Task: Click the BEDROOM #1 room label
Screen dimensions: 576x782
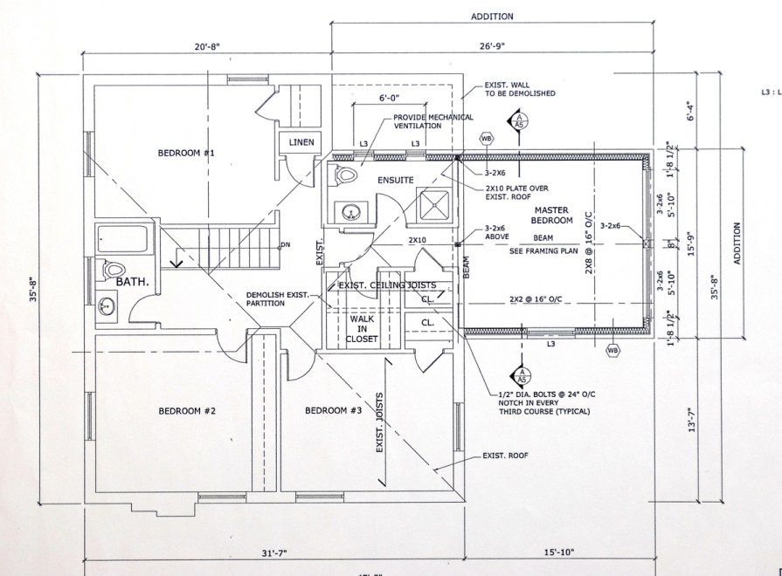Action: (x=186, y=154)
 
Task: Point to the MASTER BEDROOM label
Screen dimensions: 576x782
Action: (x=552, y=216)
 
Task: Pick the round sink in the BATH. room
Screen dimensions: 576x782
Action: (x=109, y=305)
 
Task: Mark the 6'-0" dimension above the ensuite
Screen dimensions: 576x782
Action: (x=389, y=97)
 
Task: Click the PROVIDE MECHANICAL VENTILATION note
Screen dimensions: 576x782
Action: (x=433, y=121)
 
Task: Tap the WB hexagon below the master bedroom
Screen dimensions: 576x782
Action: (x=612, y=351)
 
